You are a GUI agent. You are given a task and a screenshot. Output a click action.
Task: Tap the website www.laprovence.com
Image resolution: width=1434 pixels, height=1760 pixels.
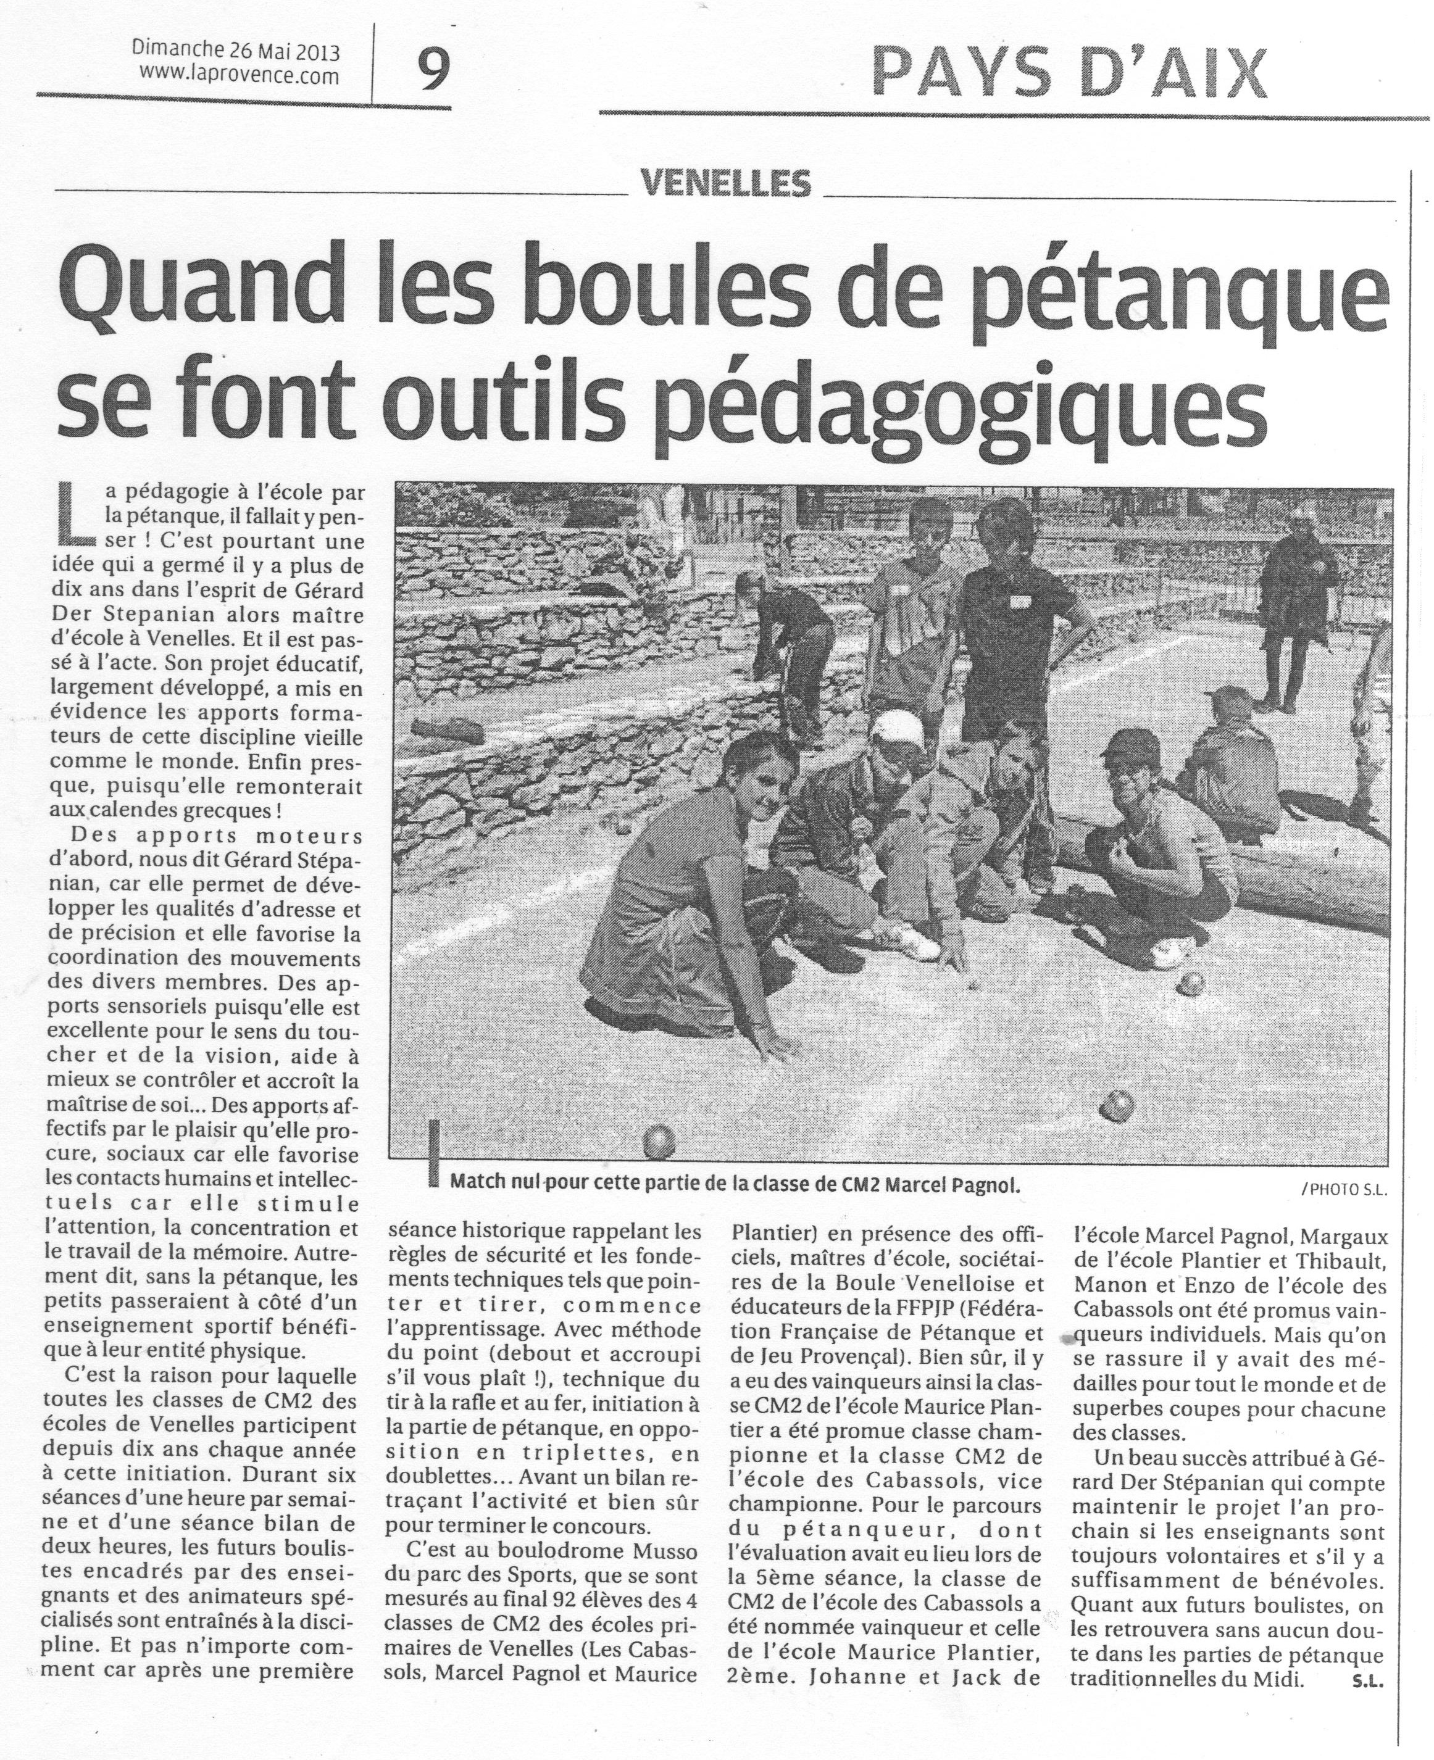click(240, 76)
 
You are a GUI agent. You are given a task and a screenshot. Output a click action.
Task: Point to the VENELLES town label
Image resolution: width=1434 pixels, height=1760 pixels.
click(726, 183)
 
